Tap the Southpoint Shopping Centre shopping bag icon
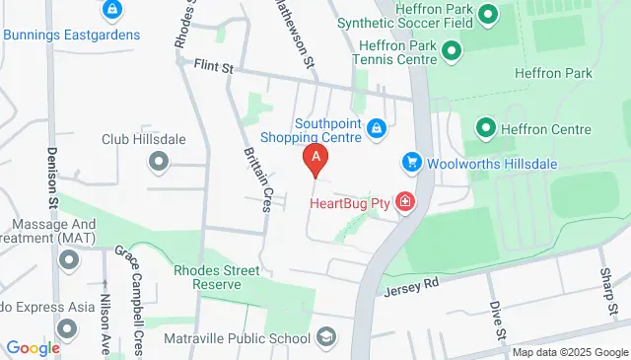pos(377,128)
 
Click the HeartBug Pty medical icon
pos(404,202)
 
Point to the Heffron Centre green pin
pos(486,128)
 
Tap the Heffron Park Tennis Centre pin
pos(451,48)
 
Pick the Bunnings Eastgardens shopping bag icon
pos(111,11)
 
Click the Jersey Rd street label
pos(416,284)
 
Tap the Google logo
pos(33,347)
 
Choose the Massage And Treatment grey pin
pos(68,260)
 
